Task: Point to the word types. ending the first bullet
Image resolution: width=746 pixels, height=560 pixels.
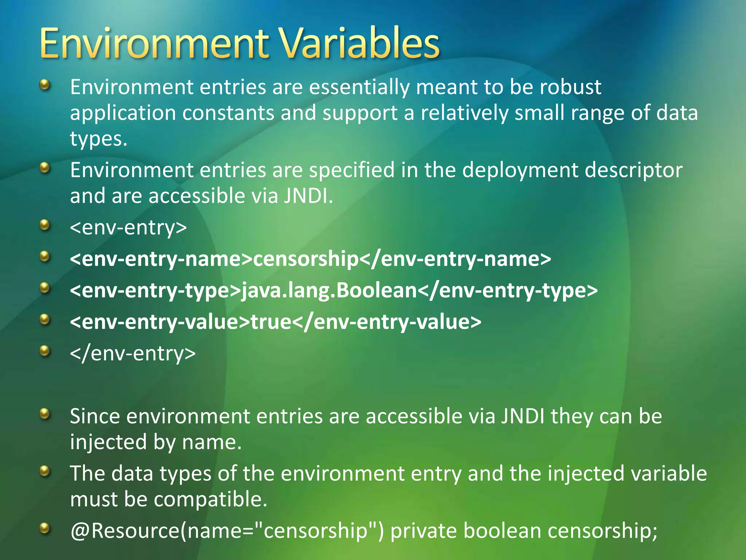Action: (x=98, y=139)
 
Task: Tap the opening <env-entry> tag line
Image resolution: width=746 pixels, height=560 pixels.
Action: (x=128, y=227)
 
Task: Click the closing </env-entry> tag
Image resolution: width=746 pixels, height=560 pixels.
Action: (x=133, y=353)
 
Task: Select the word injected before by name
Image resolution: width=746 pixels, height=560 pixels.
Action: (x=108, y=442)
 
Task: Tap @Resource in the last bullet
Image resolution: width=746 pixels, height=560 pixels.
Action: (x=125, y=531)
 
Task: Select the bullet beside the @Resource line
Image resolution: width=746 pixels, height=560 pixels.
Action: (x=44, y=528)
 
